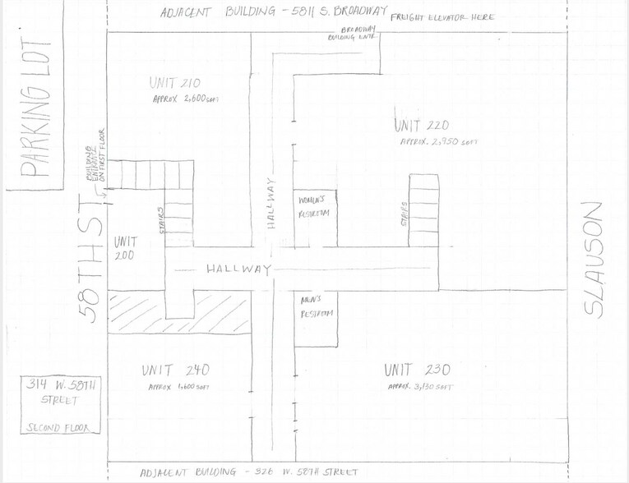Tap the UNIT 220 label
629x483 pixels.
(422, 126)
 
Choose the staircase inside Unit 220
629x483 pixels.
(423, 209)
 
